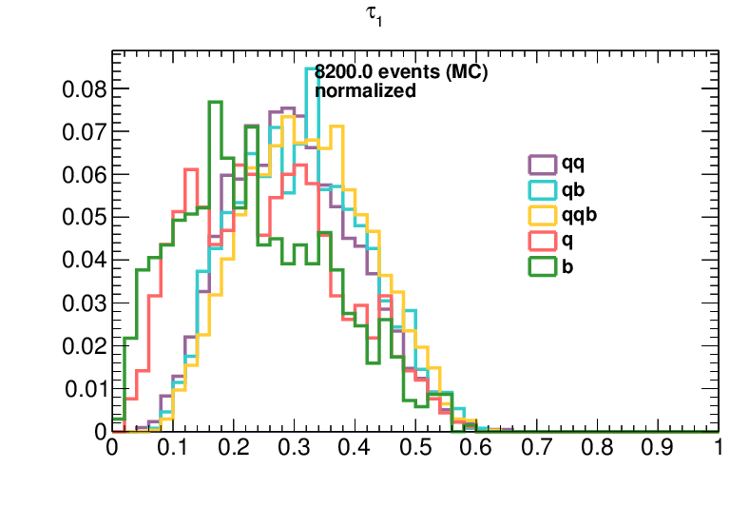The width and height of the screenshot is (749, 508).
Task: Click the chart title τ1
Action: pos(374,16)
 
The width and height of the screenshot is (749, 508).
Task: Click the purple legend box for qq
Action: pos(542,165)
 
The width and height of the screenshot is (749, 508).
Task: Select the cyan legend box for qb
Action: pos(542,189)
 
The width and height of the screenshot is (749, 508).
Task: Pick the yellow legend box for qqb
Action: pos(542,215)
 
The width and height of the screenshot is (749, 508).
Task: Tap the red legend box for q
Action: pos(542,241)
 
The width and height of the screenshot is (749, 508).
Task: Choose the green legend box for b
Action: pos(542,266)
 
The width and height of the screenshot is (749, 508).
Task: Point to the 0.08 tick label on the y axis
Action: pos(84,88)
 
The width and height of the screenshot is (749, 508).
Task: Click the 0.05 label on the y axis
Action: pos(84,218)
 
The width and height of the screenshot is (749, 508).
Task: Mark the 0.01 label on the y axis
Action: pos(85,389)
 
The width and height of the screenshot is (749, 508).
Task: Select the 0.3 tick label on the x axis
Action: pos(294,448)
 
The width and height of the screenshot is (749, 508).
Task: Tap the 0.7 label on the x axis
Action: pos(536,448)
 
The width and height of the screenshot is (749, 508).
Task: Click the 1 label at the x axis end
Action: pos(719,448)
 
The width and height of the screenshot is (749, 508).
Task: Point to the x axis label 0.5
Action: pos(415,448)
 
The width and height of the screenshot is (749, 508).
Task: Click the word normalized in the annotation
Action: pos(365,90)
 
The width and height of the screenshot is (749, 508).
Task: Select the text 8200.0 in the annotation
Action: pos(343,71)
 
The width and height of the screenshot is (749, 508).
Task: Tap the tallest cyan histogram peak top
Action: pos(312,68)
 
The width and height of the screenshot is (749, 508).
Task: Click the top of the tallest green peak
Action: pos(215,102)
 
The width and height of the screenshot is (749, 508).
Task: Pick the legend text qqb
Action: pos(579,215)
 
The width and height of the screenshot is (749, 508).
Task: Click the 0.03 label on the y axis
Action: pos(84,303)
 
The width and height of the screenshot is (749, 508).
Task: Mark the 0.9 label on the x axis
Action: pos(658,448)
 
